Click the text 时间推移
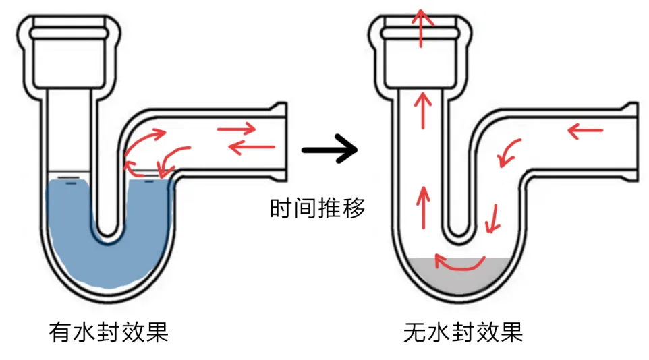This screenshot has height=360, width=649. point(317,209)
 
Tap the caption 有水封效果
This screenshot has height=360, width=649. point(109,332)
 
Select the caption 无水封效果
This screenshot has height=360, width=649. point(463,332)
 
